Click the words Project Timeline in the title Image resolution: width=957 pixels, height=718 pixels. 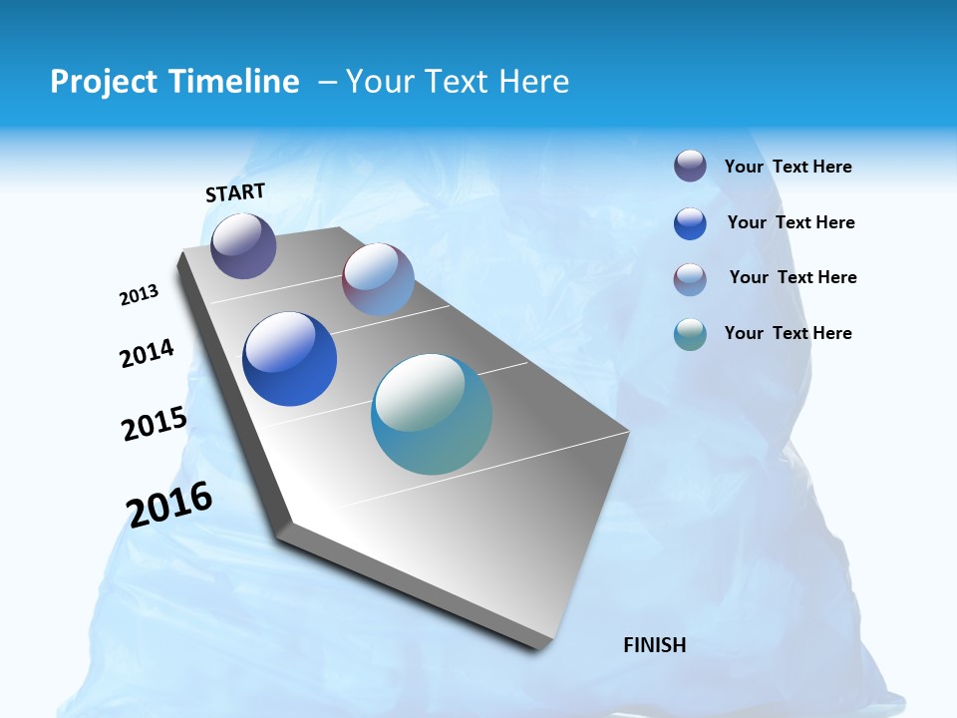click(174, 82)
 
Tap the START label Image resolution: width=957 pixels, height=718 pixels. click(235, 192)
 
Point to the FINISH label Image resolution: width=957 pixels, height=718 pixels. click(655, 645)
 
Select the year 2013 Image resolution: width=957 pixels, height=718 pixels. click(140, 295)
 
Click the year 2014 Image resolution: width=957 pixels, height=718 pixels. click(148, 354)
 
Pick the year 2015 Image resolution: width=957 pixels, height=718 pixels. click(155, 424)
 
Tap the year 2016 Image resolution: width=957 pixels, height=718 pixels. click(169, 505)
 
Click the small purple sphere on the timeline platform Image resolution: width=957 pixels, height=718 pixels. click(243, 245)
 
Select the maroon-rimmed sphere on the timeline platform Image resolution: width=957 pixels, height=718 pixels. click(378, 279)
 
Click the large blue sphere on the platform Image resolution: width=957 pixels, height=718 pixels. click(290, 359)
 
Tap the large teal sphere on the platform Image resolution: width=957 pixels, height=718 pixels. click(432, 414)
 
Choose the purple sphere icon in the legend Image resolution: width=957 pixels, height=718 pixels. click(690, 166)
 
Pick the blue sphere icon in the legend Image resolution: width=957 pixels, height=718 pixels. click(690, 223)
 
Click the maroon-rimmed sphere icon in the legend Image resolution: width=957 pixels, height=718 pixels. click(690, 279)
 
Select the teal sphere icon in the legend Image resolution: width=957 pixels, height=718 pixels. click(690, 334)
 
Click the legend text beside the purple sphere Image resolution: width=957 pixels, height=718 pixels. click(788, 168)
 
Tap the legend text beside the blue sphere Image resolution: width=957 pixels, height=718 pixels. click(791, 222)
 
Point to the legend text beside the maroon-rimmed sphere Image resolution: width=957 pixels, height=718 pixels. click(793, 277)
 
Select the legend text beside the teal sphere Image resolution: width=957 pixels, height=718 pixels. click(788, 333)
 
